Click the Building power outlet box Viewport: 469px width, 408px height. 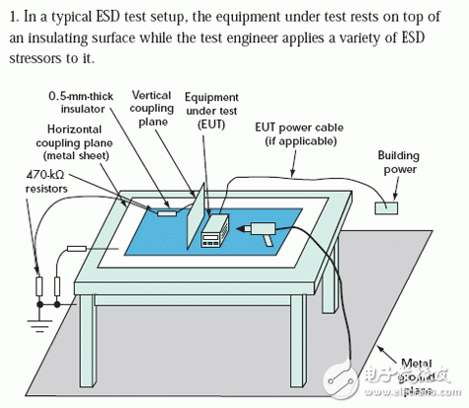pos(386,208)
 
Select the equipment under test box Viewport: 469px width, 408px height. pos(215,230)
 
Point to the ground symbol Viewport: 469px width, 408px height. pos(39,324)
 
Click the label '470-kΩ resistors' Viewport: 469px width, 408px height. pos(46,182)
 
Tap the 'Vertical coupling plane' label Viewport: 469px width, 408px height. pos(152,109)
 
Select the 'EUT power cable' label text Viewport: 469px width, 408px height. pos(299,127)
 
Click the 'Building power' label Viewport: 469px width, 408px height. pos(399,162)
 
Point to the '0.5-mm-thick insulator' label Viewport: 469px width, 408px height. pos(81,103)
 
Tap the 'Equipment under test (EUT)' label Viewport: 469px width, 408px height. pos(211,111)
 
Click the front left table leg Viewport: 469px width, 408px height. pos(87,340)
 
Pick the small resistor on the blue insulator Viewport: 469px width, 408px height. pos(167,213)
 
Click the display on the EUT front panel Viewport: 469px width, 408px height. pos(210,237)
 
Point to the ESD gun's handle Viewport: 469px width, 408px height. pos(268,240)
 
